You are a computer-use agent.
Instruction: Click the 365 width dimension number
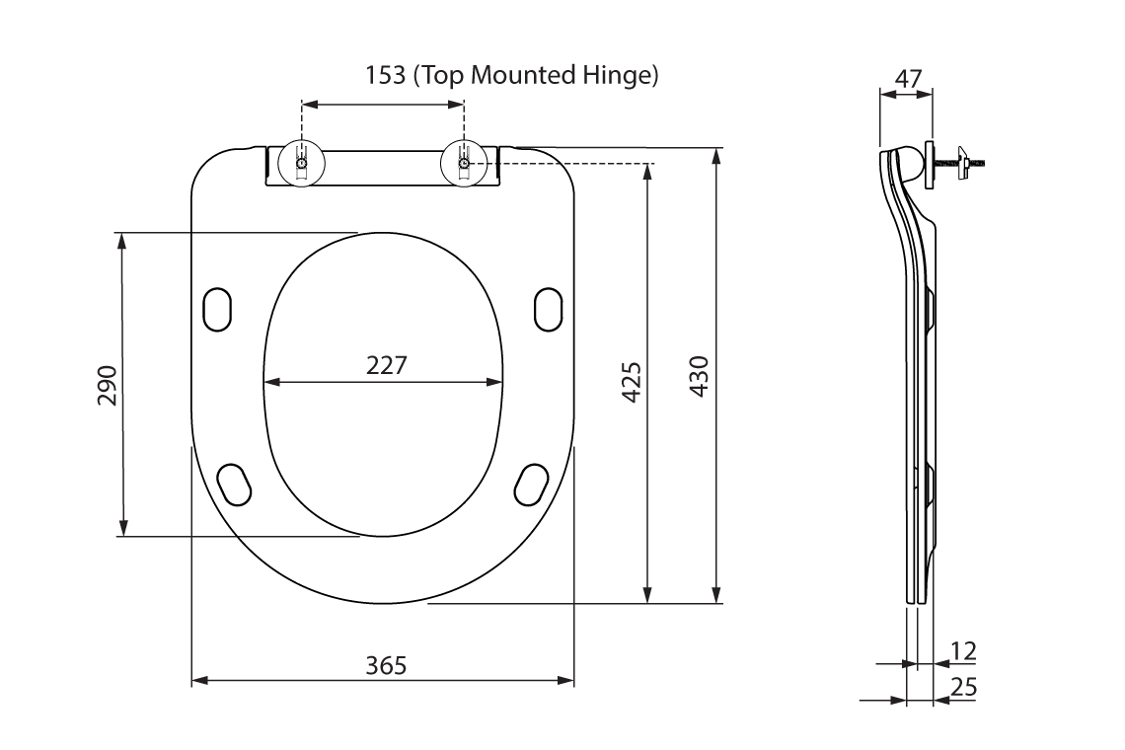386,665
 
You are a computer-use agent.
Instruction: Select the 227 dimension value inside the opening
386,365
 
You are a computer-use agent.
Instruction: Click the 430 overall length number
698,376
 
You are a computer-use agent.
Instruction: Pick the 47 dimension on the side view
909,78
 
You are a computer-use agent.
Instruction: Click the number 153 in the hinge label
386,76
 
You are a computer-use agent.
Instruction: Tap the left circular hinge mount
301,164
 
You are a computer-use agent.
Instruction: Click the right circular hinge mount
464,164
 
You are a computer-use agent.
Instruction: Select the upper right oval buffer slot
549,309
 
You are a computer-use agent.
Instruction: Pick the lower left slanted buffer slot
235,483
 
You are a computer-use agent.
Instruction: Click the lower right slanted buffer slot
533,483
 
